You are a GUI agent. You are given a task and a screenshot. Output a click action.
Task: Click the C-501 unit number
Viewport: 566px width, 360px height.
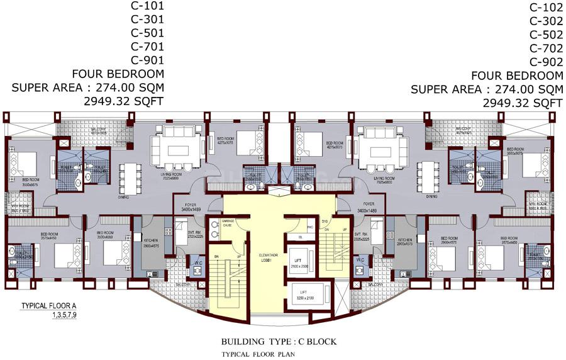(x=147, y=33)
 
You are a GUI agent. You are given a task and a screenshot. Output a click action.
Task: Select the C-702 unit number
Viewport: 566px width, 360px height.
(x=546, y=48)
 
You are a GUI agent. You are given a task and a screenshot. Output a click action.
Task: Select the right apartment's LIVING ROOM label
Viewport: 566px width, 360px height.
(x=383, y=178)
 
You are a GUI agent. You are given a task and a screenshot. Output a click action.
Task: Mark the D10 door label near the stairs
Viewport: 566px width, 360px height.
(x=326, y=222)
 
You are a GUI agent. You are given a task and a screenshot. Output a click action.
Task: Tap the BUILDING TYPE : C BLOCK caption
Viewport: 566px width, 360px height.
(x=279, y=342)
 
